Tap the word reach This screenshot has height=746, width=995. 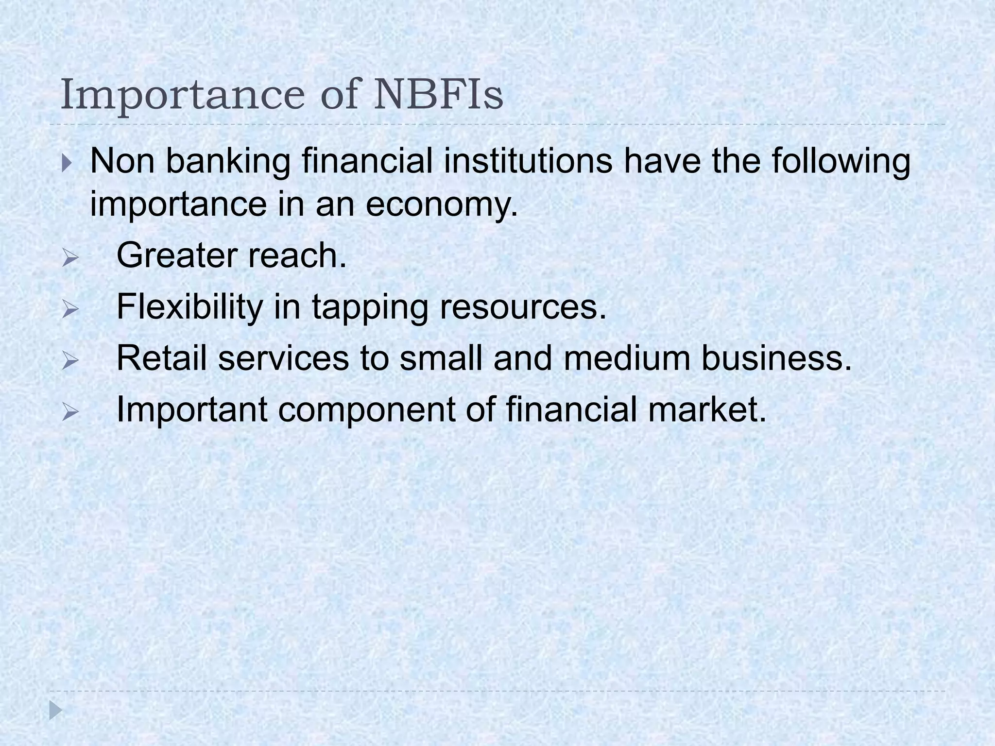297,255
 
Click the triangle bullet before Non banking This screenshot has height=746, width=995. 67,162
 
